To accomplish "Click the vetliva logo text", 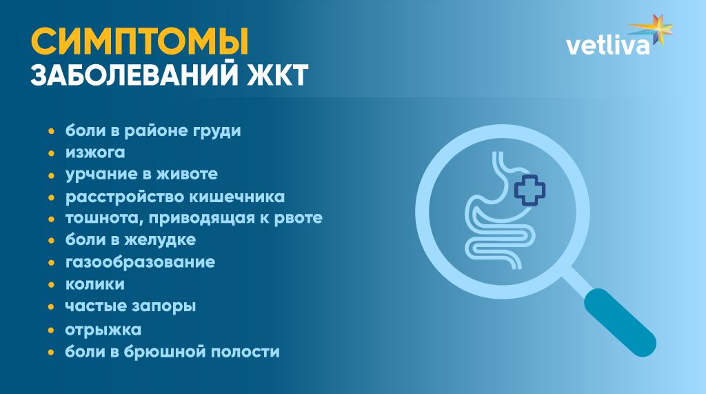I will pos(607,46).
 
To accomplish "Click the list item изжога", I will pos(95,152).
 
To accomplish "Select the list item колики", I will pos(95,284).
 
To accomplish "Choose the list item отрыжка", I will pos(103,330).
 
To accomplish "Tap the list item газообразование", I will pos(140,262).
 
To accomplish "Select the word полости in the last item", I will pos(248,352).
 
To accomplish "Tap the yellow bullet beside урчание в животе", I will pos(51,175).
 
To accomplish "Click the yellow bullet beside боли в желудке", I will pos(51,241).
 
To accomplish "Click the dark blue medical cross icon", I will pos(529,191).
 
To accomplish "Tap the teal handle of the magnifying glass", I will pos(619,322).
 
